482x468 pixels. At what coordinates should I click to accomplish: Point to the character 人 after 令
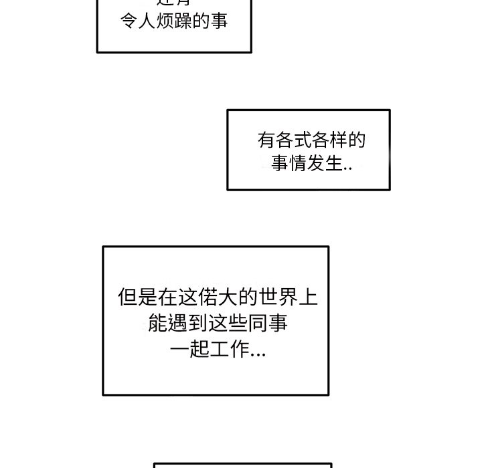(147, 21)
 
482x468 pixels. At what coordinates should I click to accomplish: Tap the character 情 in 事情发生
(297, 163)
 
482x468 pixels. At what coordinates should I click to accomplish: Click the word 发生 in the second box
(325, 163)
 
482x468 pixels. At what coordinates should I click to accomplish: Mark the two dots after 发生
(347, 168)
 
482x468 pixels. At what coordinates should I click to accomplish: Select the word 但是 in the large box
(136, 298)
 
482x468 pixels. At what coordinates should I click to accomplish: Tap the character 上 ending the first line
(309, 298)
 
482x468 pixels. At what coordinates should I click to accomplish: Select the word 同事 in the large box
(270, 324)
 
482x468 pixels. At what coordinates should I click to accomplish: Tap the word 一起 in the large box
(189, 350)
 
